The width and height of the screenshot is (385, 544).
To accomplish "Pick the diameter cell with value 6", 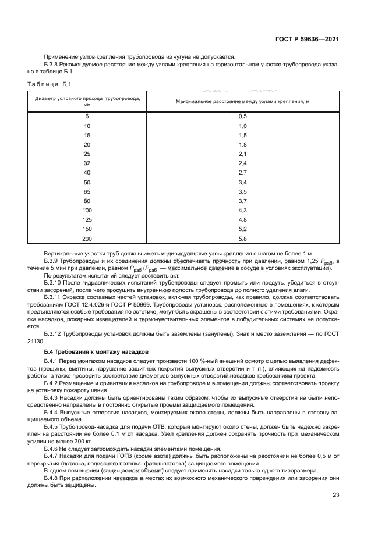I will [87, 116].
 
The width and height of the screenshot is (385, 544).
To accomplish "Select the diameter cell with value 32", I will [87, 163].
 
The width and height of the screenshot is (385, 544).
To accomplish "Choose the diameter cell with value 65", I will [87, 191].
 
